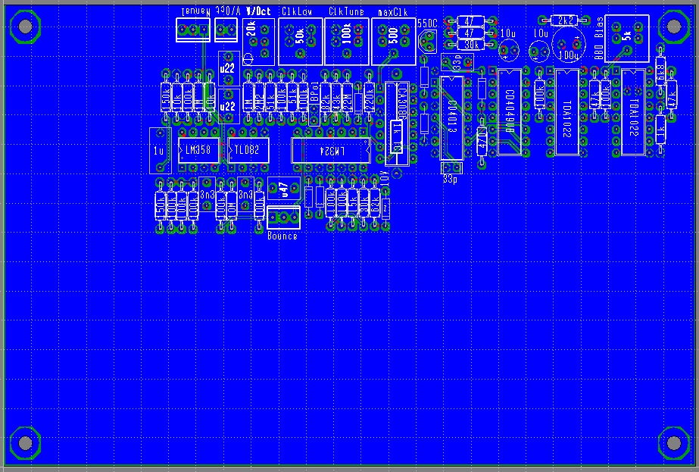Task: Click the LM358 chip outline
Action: coord(198,150)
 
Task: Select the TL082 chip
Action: coord(247,150)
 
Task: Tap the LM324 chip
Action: coord(332,150)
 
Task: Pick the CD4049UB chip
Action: coord(510,111)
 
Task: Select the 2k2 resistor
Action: coord(565,20)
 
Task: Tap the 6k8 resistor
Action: coord(661,72)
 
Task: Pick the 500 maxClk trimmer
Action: coord(393,40)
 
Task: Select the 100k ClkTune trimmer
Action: coord(347,40)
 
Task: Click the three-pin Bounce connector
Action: coord(283,218)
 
